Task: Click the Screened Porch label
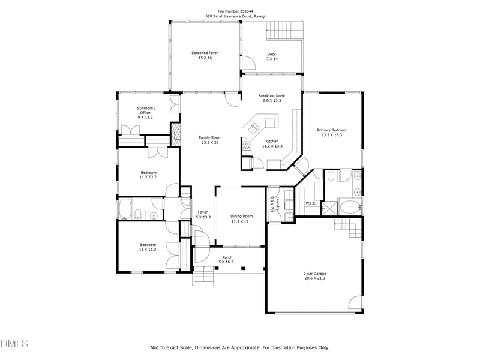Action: click(205, 53)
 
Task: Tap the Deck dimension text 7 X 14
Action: click(272, 59)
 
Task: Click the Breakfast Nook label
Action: click(271, 95)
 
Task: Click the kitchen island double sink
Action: click(254, 127)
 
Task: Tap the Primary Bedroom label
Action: click(332, 130)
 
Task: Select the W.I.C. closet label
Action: click(311, 203)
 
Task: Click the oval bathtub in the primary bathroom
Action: click(349, 208)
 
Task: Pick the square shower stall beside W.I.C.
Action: click(328, 208)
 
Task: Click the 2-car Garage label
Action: click(314, 273)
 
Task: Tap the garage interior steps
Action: click(348, 227)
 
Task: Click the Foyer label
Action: click(203, 212)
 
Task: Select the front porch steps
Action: click(203, 277)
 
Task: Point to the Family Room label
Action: click(210, 137)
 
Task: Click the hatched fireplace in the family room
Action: click(176, 133)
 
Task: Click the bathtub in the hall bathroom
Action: click(126, 209)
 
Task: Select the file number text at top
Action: click(239, 10)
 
